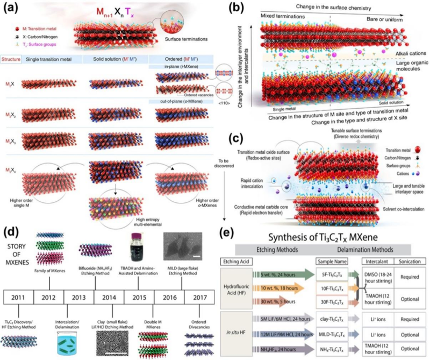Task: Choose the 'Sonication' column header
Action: tap(408, 248)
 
